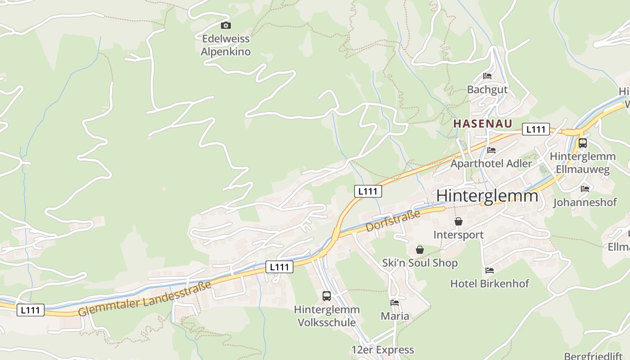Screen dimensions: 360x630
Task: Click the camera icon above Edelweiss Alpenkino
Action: pos(225,26)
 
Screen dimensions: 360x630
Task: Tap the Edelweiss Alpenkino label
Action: pos(225,45)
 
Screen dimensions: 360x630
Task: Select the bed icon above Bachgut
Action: pos(487,76)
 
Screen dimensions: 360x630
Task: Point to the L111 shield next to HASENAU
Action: pos(535,130)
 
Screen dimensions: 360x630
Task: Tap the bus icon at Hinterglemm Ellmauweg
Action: pos(582,143)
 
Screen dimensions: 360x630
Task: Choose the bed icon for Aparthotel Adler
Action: pos(491,150)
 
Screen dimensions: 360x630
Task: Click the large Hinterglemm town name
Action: pos(487,196)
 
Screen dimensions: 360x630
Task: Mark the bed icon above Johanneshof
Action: pos(585,189)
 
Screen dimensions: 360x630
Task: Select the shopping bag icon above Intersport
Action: pos(459,221)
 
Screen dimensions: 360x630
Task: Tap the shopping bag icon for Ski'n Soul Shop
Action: pos(419,250)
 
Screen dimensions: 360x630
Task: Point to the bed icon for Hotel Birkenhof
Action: pos(490,270)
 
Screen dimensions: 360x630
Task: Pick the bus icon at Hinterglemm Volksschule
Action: pos(327,296)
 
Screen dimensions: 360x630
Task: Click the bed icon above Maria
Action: pos(395,303)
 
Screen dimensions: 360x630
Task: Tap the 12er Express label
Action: pos(382,350)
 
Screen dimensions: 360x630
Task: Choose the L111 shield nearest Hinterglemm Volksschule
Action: pos(279,267)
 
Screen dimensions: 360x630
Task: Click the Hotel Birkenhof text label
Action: pos(490,283)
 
